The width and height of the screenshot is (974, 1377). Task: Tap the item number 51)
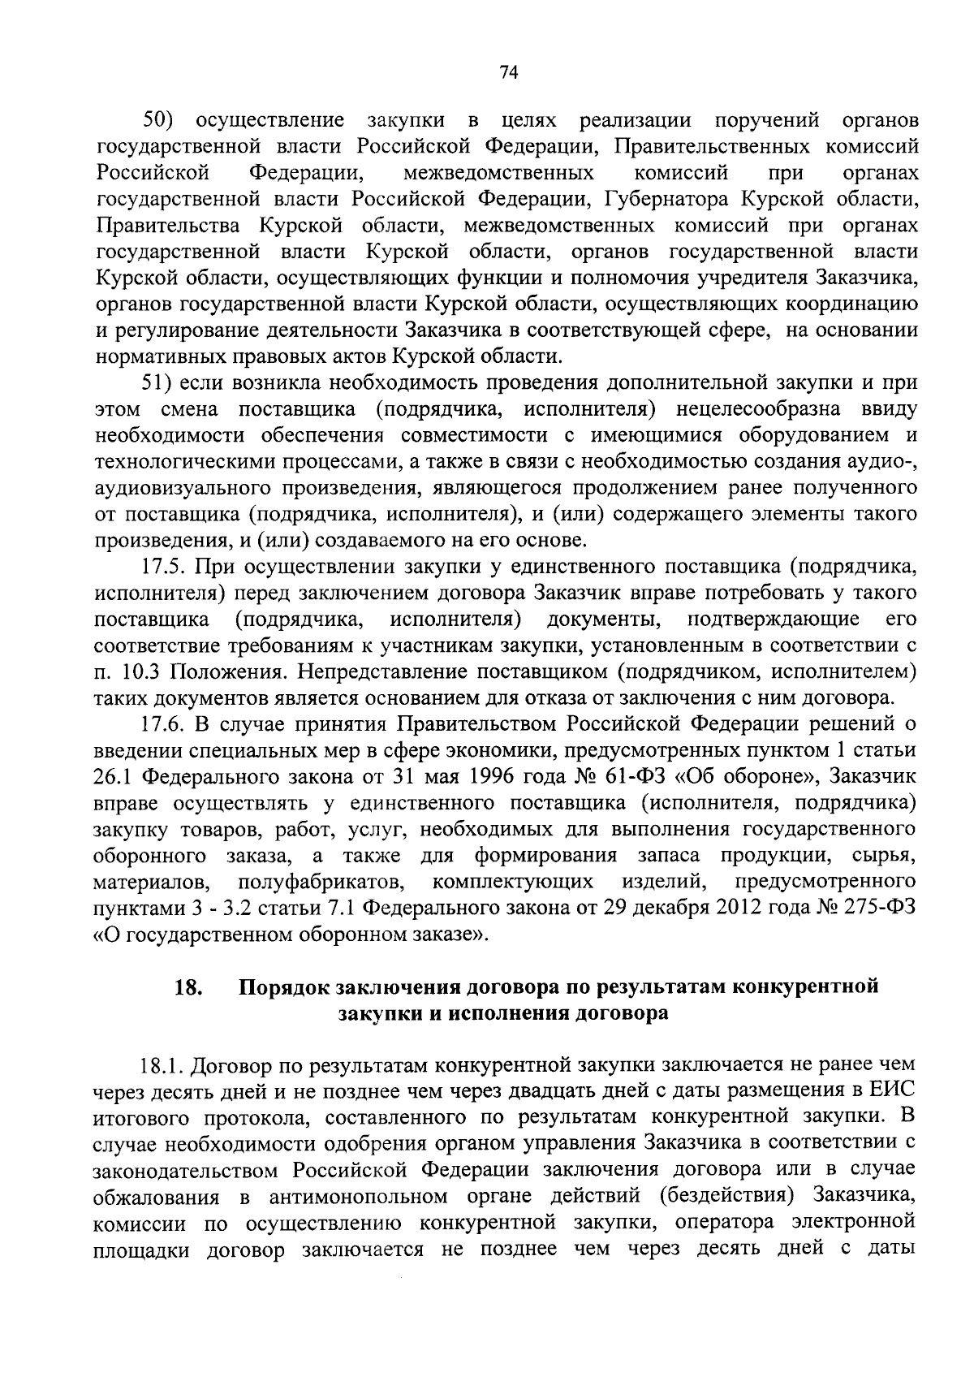pos(158,382)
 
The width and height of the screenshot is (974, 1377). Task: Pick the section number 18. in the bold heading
pos(187,987)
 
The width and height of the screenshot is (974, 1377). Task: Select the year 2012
pos(743,908)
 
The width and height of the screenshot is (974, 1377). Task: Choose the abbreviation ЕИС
pos(894,1090)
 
